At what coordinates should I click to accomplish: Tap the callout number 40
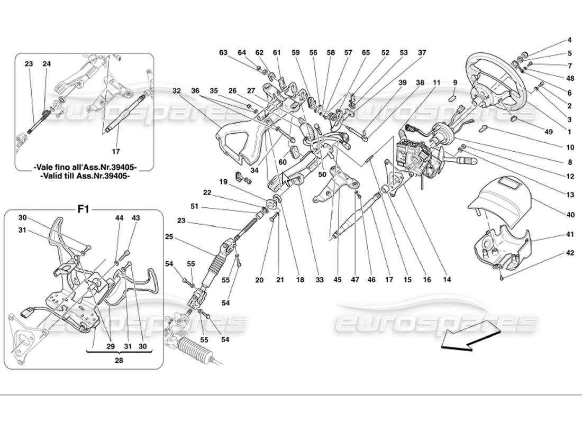pos(570,215)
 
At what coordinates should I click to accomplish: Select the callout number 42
pos(570,253)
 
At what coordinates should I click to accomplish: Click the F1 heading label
pos(83,209)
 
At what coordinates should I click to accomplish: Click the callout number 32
pos(176,91)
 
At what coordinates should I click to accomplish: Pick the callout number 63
pos(223,52)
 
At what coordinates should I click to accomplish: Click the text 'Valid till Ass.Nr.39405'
pos(85,177)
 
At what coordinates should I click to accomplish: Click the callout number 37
pos(422,52)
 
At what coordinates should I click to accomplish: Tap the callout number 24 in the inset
pos(47,64)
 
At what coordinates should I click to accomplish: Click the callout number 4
pos(570,40)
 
